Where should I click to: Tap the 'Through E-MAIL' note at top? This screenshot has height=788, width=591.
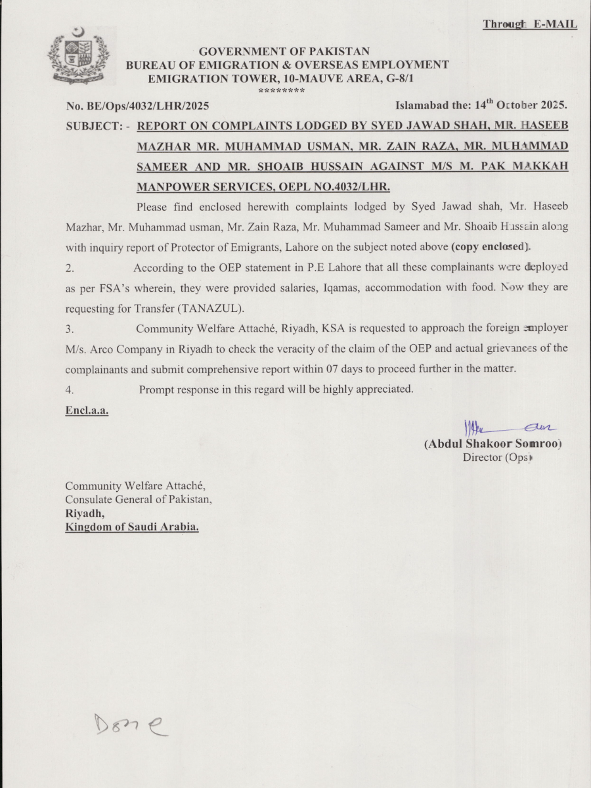[530, 24]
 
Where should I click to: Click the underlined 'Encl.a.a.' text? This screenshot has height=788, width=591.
[87, 410]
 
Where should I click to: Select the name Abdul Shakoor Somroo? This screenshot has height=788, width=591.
[493, 443]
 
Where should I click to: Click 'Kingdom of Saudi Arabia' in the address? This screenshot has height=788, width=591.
[131, 527]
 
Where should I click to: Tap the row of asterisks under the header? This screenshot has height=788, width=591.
[281, 91]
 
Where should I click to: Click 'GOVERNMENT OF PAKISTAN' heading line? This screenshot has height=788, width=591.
[284, 51]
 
